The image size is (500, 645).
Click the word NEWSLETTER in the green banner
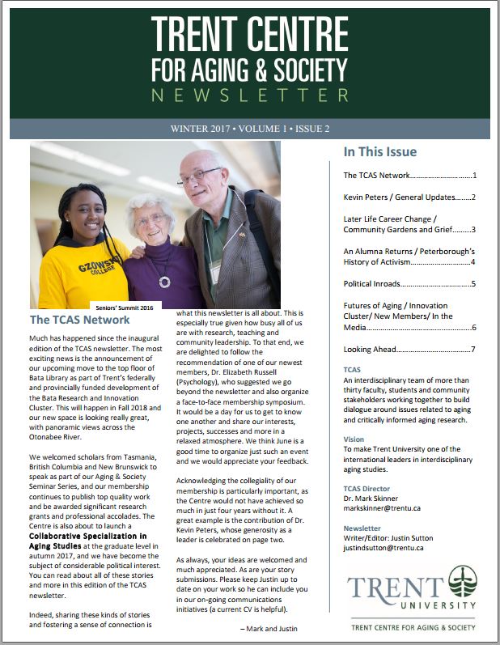pos(248,95)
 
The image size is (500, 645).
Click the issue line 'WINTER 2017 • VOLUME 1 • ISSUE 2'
pos(249,129)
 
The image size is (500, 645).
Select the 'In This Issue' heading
pos(380,152)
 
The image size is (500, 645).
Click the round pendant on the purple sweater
pos(166,282)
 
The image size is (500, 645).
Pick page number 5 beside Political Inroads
pos(473,284)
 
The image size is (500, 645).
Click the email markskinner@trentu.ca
pos(384,510)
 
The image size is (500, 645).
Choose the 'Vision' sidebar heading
pos(354,439)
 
